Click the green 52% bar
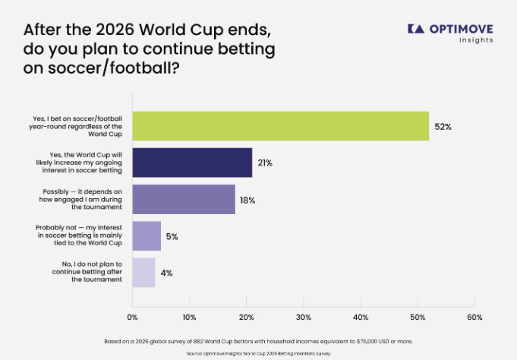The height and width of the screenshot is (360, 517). coord(281,126)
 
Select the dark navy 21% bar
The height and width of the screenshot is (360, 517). coord(192,163)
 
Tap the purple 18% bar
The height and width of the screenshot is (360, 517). coord(184,199)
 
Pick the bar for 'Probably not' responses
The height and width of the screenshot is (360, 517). coord(147,236)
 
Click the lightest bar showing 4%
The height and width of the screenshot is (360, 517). coord(143,273)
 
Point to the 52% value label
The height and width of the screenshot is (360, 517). coord(443,127)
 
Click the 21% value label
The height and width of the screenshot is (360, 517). coord(265,163)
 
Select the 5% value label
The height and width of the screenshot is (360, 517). coord(172,237)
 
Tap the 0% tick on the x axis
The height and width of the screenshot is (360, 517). coord(132,317)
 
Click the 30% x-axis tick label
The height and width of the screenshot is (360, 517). coord(304,317)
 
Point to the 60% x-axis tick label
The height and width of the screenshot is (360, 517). coord(474,317)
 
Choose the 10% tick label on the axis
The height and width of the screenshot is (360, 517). coord(189,317)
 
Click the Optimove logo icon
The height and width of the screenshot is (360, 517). coord(416,29)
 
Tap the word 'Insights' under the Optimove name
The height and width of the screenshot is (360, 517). coord(476,40)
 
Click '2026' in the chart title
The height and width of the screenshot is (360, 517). coord(115,30)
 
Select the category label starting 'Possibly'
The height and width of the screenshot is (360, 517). coord(80,199)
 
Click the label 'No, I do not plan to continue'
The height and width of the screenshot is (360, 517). coord(87,272)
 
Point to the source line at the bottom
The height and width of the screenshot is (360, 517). coord(258,353)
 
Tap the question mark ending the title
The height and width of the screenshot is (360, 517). coord(175,68)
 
